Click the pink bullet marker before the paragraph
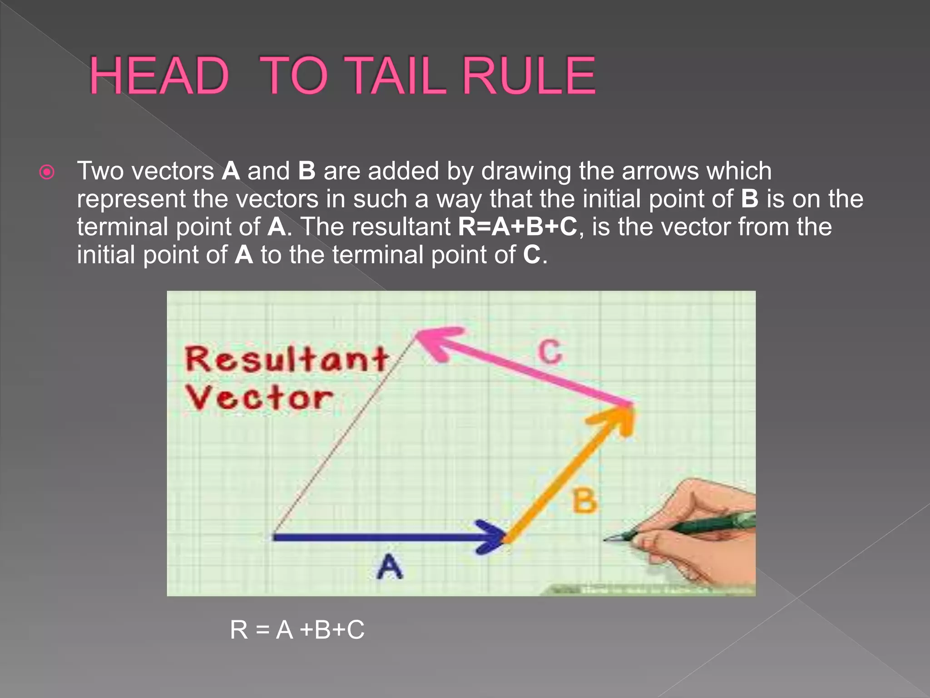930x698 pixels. click(x=47, y=172)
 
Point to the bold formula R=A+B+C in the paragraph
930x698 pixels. click(x=518, y=226)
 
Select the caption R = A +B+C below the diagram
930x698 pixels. click(x=297, y=630)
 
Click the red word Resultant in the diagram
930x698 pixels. click(x=286, y=359)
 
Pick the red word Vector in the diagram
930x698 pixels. click(x=259, y=398)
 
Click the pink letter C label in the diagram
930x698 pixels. click(x=550, y=352)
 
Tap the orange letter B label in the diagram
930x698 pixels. click(x=584, y=500)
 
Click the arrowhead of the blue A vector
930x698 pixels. click(x=495, y=537)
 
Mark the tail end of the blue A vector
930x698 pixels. click(x=274, y=537)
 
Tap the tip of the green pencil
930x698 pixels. click(x=605, y=539)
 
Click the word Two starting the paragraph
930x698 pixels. click(x=99, y=172)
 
